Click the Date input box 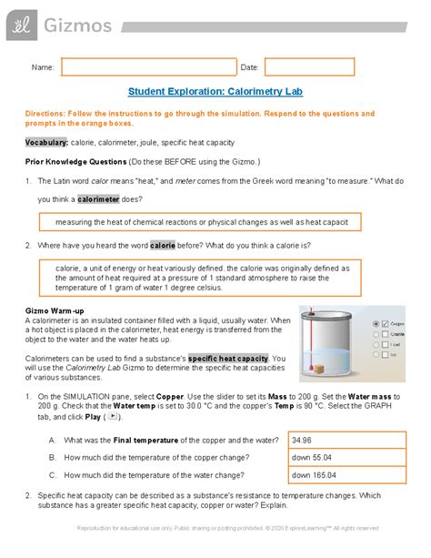tap(309, 67)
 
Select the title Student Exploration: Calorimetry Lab tap(215, 92)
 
